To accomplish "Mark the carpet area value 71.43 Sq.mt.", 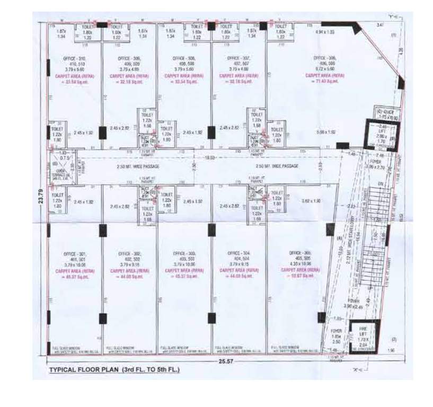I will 325,81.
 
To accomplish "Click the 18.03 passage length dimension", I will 210,157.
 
